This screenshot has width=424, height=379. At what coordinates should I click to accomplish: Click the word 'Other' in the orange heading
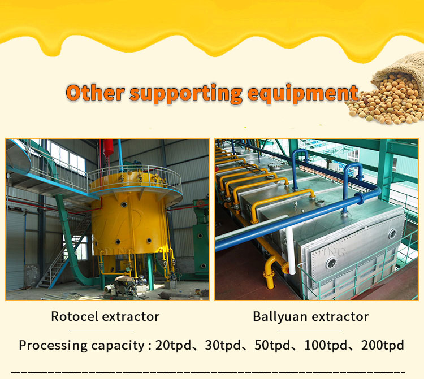coord(94,93)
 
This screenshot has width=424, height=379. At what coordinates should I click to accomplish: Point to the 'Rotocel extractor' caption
coord(105,316)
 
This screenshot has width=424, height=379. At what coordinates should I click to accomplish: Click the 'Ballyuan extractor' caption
coord(310,316)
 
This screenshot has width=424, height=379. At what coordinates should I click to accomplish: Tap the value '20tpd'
coord(174,345)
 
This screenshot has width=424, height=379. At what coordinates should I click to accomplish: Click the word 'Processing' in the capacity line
coord(51,345)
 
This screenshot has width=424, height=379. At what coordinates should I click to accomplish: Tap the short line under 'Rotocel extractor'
coord(105,329)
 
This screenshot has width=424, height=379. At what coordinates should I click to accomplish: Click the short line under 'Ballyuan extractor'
coord(310,329)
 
